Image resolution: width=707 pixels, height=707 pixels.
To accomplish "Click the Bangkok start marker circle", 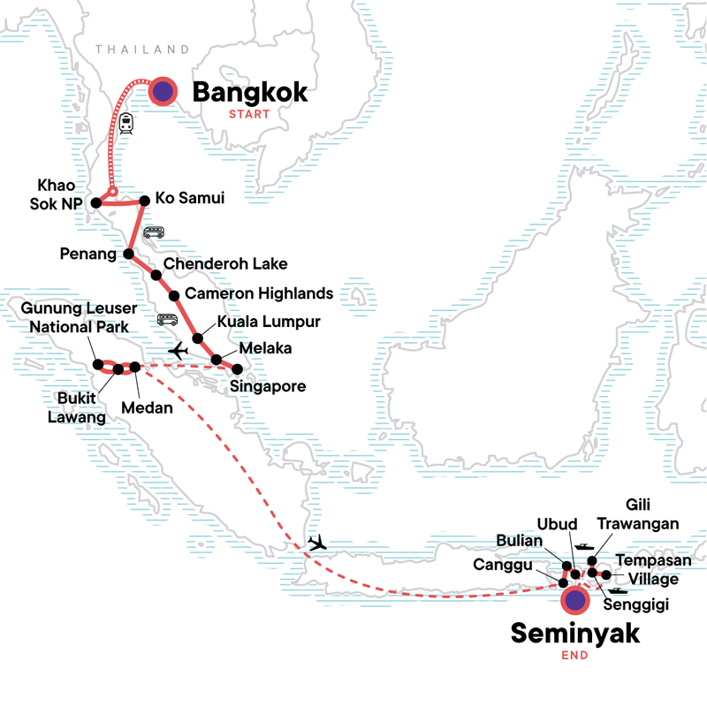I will point(163,90).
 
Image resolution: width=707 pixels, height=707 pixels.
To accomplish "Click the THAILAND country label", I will point(142,49).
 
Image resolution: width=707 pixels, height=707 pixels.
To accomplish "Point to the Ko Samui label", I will point(189,199).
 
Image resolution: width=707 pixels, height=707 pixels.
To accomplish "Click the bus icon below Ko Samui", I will point(153,232).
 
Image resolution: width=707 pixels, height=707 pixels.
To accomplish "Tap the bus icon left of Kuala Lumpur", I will point(167,321).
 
